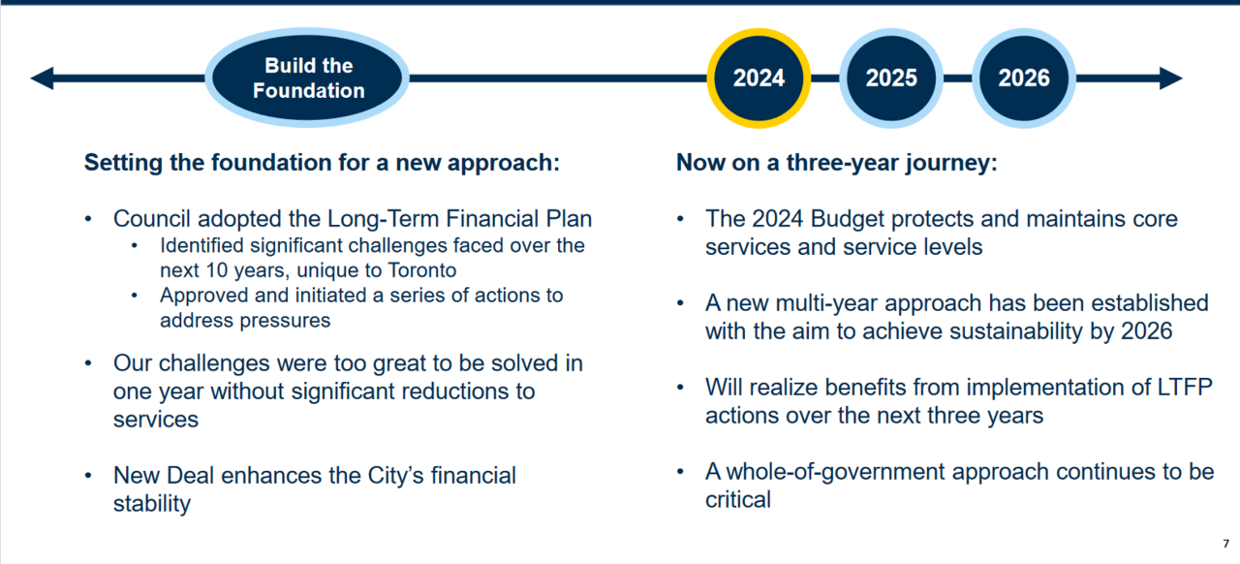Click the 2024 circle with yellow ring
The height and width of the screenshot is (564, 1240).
(x=759, y=78)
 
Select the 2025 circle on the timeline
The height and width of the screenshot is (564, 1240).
(x=891, y=78)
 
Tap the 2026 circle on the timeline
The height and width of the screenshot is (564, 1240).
(x=1024, y=78)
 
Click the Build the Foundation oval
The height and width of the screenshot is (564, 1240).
(x=307, y=78)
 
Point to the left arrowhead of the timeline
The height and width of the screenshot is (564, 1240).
(x=42, y=78)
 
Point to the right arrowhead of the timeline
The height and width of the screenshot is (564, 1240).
(x=1171, y=78)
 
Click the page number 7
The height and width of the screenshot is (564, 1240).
(x=1226, y=544)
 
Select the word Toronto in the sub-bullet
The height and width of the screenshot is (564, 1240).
(x=421, y=270)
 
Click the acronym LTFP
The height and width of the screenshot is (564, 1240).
(x=1185, y=388)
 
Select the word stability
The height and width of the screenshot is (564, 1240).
(x=152, y=504)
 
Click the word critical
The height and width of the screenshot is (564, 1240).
(x=738, y=500)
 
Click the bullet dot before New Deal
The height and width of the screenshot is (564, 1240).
(x=88, y=476)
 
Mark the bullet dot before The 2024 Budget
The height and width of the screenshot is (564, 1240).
(x=680, y=219)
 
